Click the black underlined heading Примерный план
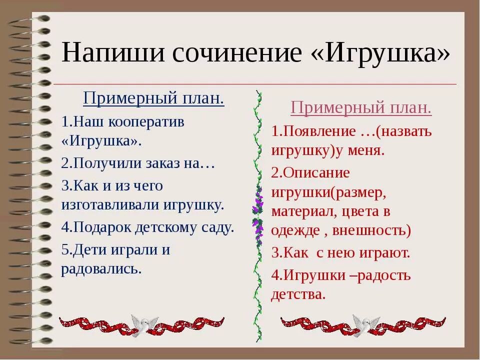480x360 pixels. (x=153, y=98)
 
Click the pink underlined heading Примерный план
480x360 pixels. (x=361, y=107)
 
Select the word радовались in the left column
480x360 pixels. (x=101, y=268)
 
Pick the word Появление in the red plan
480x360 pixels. (x=316, y=131)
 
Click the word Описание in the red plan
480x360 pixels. (x=316, y=172)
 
